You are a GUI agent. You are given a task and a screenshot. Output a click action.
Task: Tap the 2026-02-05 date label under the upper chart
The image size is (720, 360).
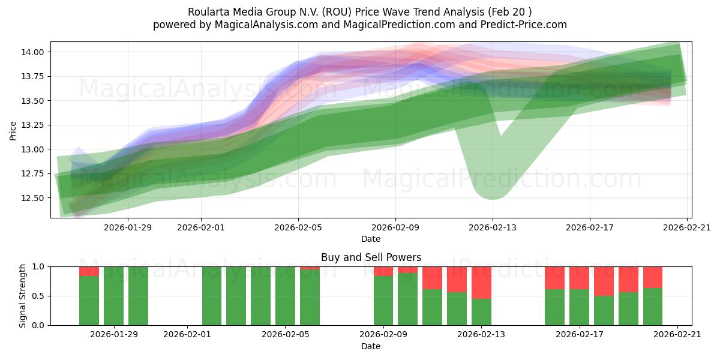pos(298,228)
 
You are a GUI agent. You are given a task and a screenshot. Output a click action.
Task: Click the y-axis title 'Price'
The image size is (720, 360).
pos(13,130)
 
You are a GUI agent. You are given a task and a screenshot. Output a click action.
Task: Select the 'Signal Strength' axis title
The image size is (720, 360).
pos(23,296)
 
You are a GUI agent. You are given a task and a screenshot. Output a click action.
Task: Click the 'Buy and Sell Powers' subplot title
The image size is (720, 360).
pos(371,257)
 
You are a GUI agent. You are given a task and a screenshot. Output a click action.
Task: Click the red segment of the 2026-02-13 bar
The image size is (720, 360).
pos(481,282)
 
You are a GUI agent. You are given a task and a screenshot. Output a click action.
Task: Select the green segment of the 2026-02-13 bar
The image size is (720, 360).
pos(481,312)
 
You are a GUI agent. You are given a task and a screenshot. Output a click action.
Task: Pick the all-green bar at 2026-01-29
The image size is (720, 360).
pos(113,296)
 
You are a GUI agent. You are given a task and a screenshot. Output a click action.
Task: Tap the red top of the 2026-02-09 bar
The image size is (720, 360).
pos(383,271)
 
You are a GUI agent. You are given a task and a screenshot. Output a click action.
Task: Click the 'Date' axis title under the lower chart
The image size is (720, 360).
pos(371,346)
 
